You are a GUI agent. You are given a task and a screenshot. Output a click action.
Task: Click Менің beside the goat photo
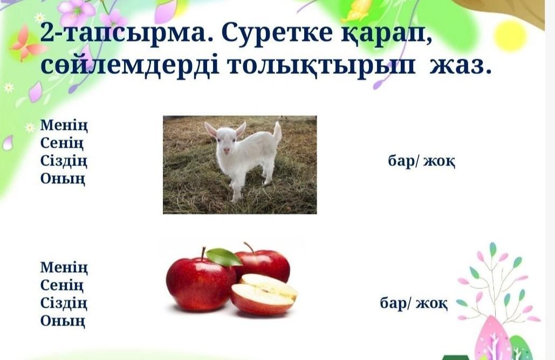(64, 126)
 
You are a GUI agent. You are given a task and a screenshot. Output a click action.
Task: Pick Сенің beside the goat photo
(62, 143)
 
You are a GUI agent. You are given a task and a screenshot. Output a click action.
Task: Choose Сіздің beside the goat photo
(64, 161)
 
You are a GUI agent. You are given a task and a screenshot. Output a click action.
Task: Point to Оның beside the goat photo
(63, 178)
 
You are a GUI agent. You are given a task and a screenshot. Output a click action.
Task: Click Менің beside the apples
(64, 268)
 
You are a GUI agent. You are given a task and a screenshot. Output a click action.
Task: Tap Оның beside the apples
(63, 321)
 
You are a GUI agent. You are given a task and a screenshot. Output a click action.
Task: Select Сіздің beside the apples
(64, 303)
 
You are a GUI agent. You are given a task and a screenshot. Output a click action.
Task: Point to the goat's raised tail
(277, 132)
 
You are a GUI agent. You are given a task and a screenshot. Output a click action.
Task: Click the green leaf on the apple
(224, 257)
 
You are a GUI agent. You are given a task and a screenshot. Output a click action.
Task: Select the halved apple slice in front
(264, 294)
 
